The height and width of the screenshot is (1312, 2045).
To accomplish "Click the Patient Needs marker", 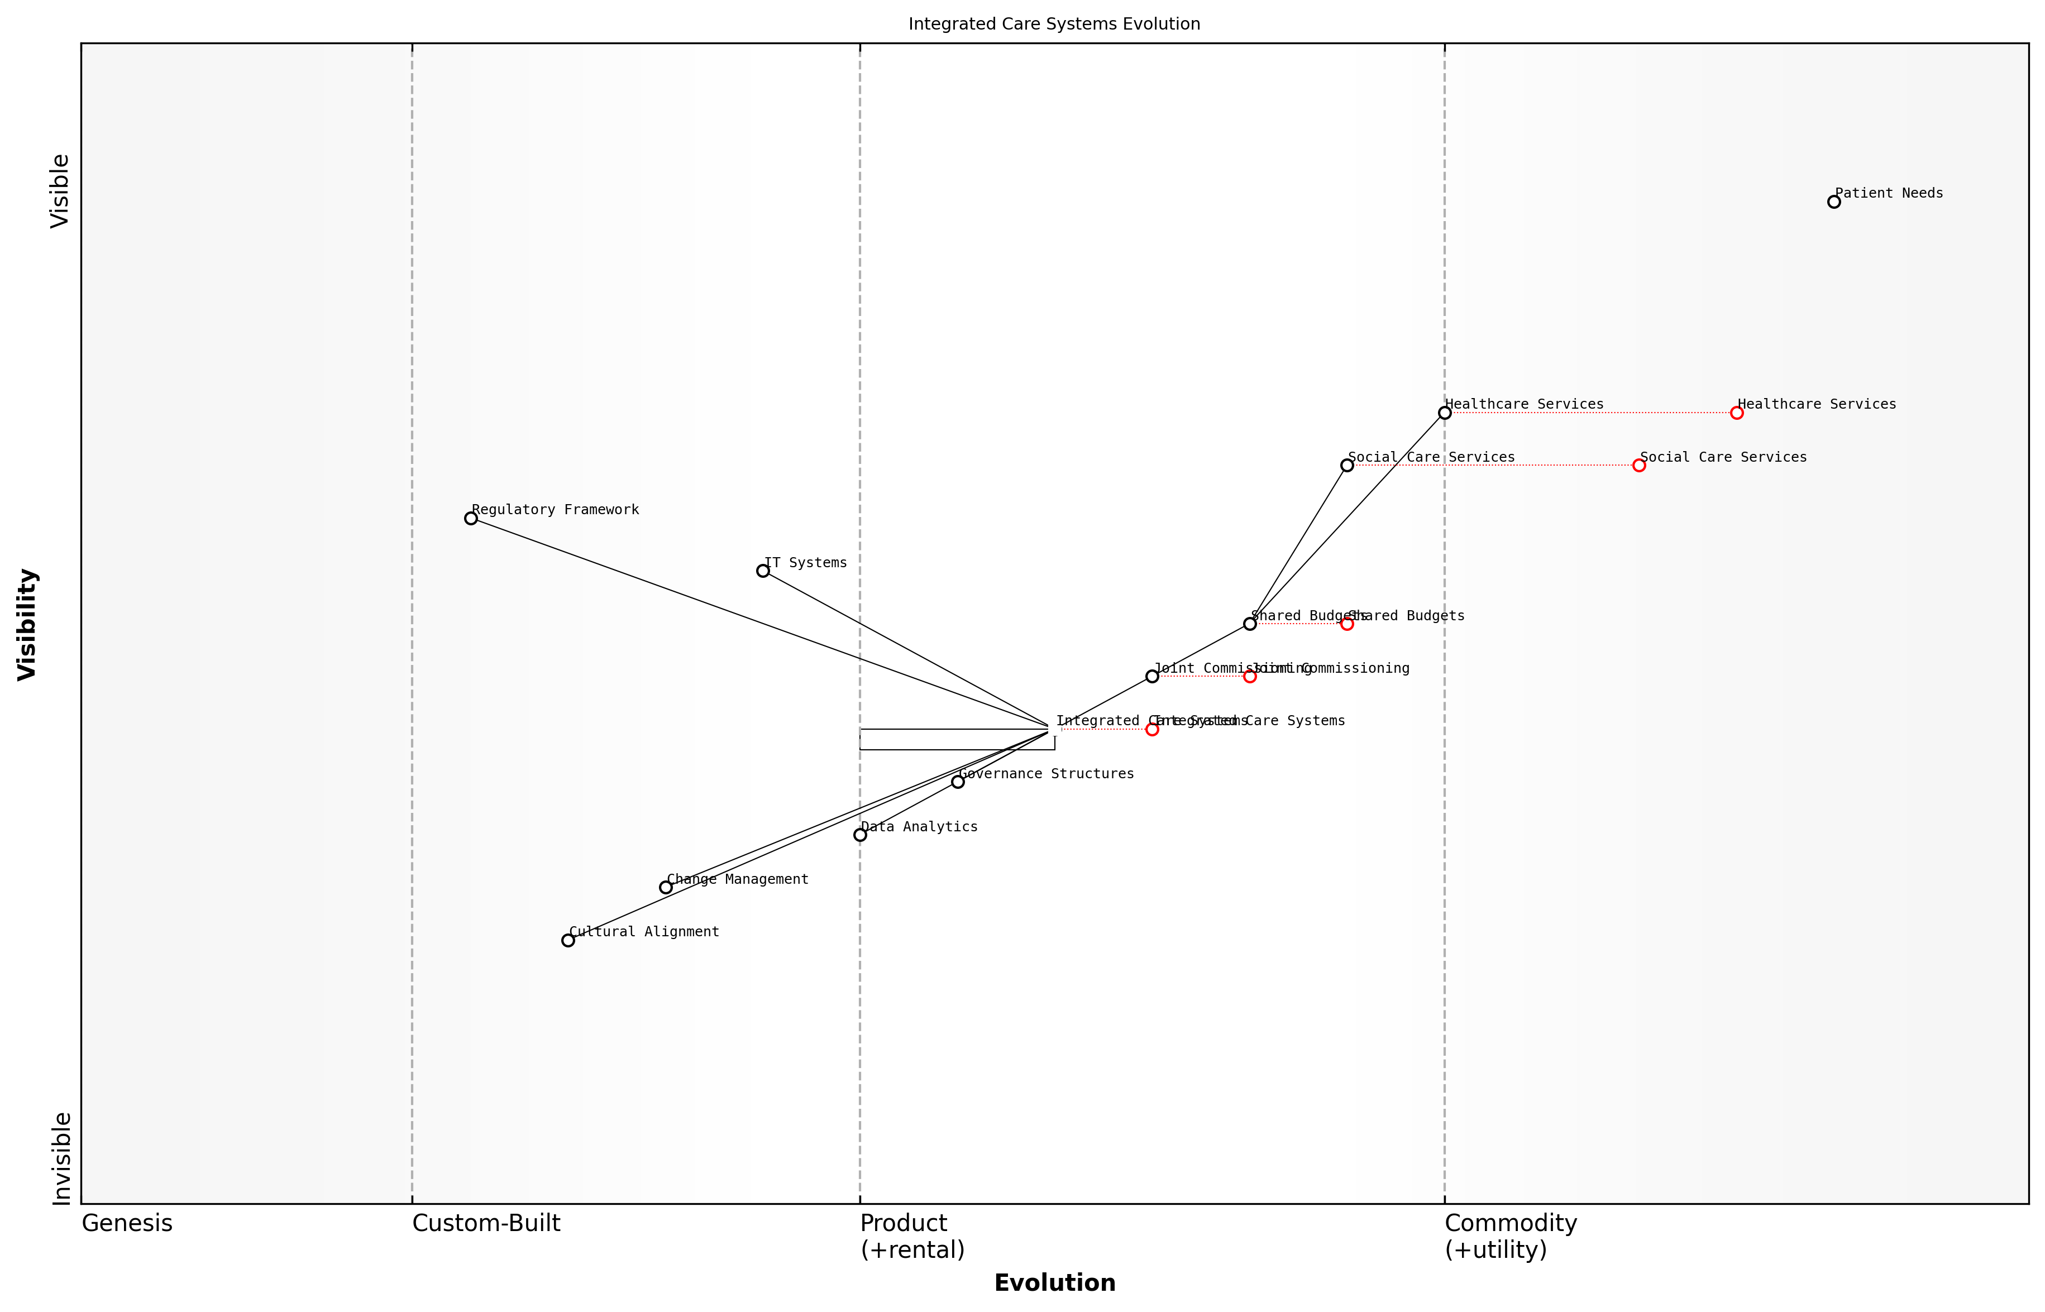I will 1834,202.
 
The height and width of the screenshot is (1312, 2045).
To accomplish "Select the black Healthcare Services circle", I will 1444,413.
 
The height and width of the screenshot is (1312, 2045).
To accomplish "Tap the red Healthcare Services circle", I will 1737,413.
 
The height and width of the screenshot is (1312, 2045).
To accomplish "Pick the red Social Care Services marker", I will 1638,465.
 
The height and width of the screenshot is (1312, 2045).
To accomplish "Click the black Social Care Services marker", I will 1347,465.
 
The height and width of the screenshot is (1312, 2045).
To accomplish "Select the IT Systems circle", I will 763,571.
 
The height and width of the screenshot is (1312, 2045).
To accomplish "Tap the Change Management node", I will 666,888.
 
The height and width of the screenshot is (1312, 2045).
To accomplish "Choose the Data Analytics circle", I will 860,835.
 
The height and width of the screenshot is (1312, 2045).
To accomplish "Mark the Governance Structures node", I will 958,782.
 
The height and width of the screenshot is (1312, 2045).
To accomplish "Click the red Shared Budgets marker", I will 1347,624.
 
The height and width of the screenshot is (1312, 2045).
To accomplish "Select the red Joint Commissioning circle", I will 1250,677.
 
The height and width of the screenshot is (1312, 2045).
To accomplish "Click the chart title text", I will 1054,24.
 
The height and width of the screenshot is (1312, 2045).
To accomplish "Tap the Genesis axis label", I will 127,1223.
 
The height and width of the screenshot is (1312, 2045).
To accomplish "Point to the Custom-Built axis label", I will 486,1223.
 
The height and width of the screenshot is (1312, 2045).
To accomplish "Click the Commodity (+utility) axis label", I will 1511,1236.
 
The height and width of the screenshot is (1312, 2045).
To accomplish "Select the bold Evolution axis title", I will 1054,1283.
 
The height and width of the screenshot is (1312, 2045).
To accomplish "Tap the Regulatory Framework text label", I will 556,510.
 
